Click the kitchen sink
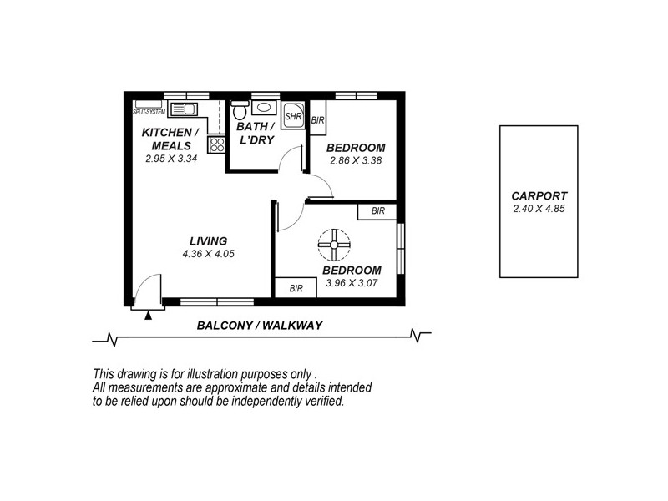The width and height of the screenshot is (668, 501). (x=185, y=107)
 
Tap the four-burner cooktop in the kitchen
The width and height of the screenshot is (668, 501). (x=216, y=143)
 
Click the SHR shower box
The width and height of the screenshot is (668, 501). (x=292, y=116)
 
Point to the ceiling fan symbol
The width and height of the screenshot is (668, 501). (x=333, y=245)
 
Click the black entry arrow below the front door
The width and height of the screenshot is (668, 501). (x=149, y=315)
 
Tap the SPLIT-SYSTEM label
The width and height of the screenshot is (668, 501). (x=149, y=110)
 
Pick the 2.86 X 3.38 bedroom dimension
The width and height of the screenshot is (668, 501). (x=355, y=161)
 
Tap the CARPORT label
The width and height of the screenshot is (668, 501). (x=539, y=197)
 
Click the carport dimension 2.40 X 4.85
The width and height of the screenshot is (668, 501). (x=539, y=209)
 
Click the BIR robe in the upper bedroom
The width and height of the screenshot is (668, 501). (x=317, y=120)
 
